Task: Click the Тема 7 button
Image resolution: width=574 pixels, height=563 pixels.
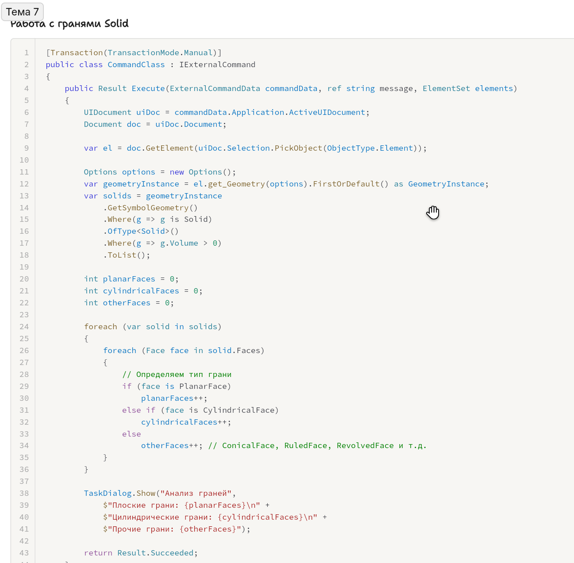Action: [x=22, y=12]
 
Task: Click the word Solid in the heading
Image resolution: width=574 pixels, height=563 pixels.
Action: [x=116, y=24]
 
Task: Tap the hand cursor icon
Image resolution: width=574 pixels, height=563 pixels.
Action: [x=433, y=213]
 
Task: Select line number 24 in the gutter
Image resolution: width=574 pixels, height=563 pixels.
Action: [x=24, y=327]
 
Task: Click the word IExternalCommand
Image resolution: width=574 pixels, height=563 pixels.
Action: [x=217, y=65]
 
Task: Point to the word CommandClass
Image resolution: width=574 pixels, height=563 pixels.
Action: [x=136, y=65]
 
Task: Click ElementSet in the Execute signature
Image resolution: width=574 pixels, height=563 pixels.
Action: [x=446, y=88]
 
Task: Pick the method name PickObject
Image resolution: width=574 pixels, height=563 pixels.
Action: [x=298, y=148]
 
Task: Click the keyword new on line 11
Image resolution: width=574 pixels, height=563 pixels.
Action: [x=177, y=172]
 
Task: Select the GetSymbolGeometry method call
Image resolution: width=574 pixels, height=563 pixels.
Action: [x=148, y=208]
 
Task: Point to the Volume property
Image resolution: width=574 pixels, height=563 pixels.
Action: [x=184, y=243]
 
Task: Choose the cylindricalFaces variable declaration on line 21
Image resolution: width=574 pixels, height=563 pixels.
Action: [x=141, y=291]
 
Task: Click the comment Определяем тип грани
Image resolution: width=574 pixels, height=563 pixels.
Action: [x=177, y=374]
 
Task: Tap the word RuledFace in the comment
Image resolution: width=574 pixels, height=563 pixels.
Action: [x=305, y=445]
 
